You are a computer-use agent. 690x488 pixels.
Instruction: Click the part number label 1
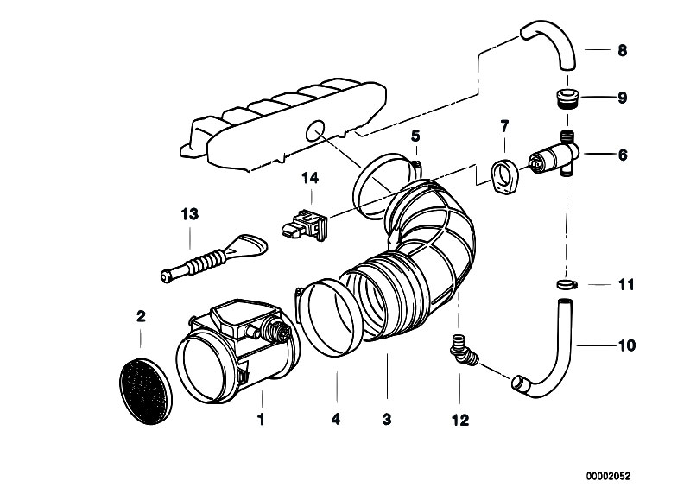click(x=259, y=421)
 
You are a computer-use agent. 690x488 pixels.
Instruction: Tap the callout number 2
click(x=141, y=316)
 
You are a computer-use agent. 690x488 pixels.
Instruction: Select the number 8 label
click(x=621, y=51)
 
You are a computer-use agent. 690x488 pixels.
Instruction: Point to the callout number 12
click(x=459, y=421)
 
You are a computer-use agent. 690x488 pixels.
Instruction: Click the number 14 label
click(x=310, y=179)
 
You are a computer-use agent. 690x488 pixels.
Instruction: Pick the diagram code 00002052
click(x=608, y=475)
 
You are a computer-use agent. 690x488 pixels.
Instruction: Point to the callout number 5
click(x=415, y=136)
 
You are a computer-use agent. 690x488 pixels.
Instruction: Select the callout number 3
click(x=387, y=421)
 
